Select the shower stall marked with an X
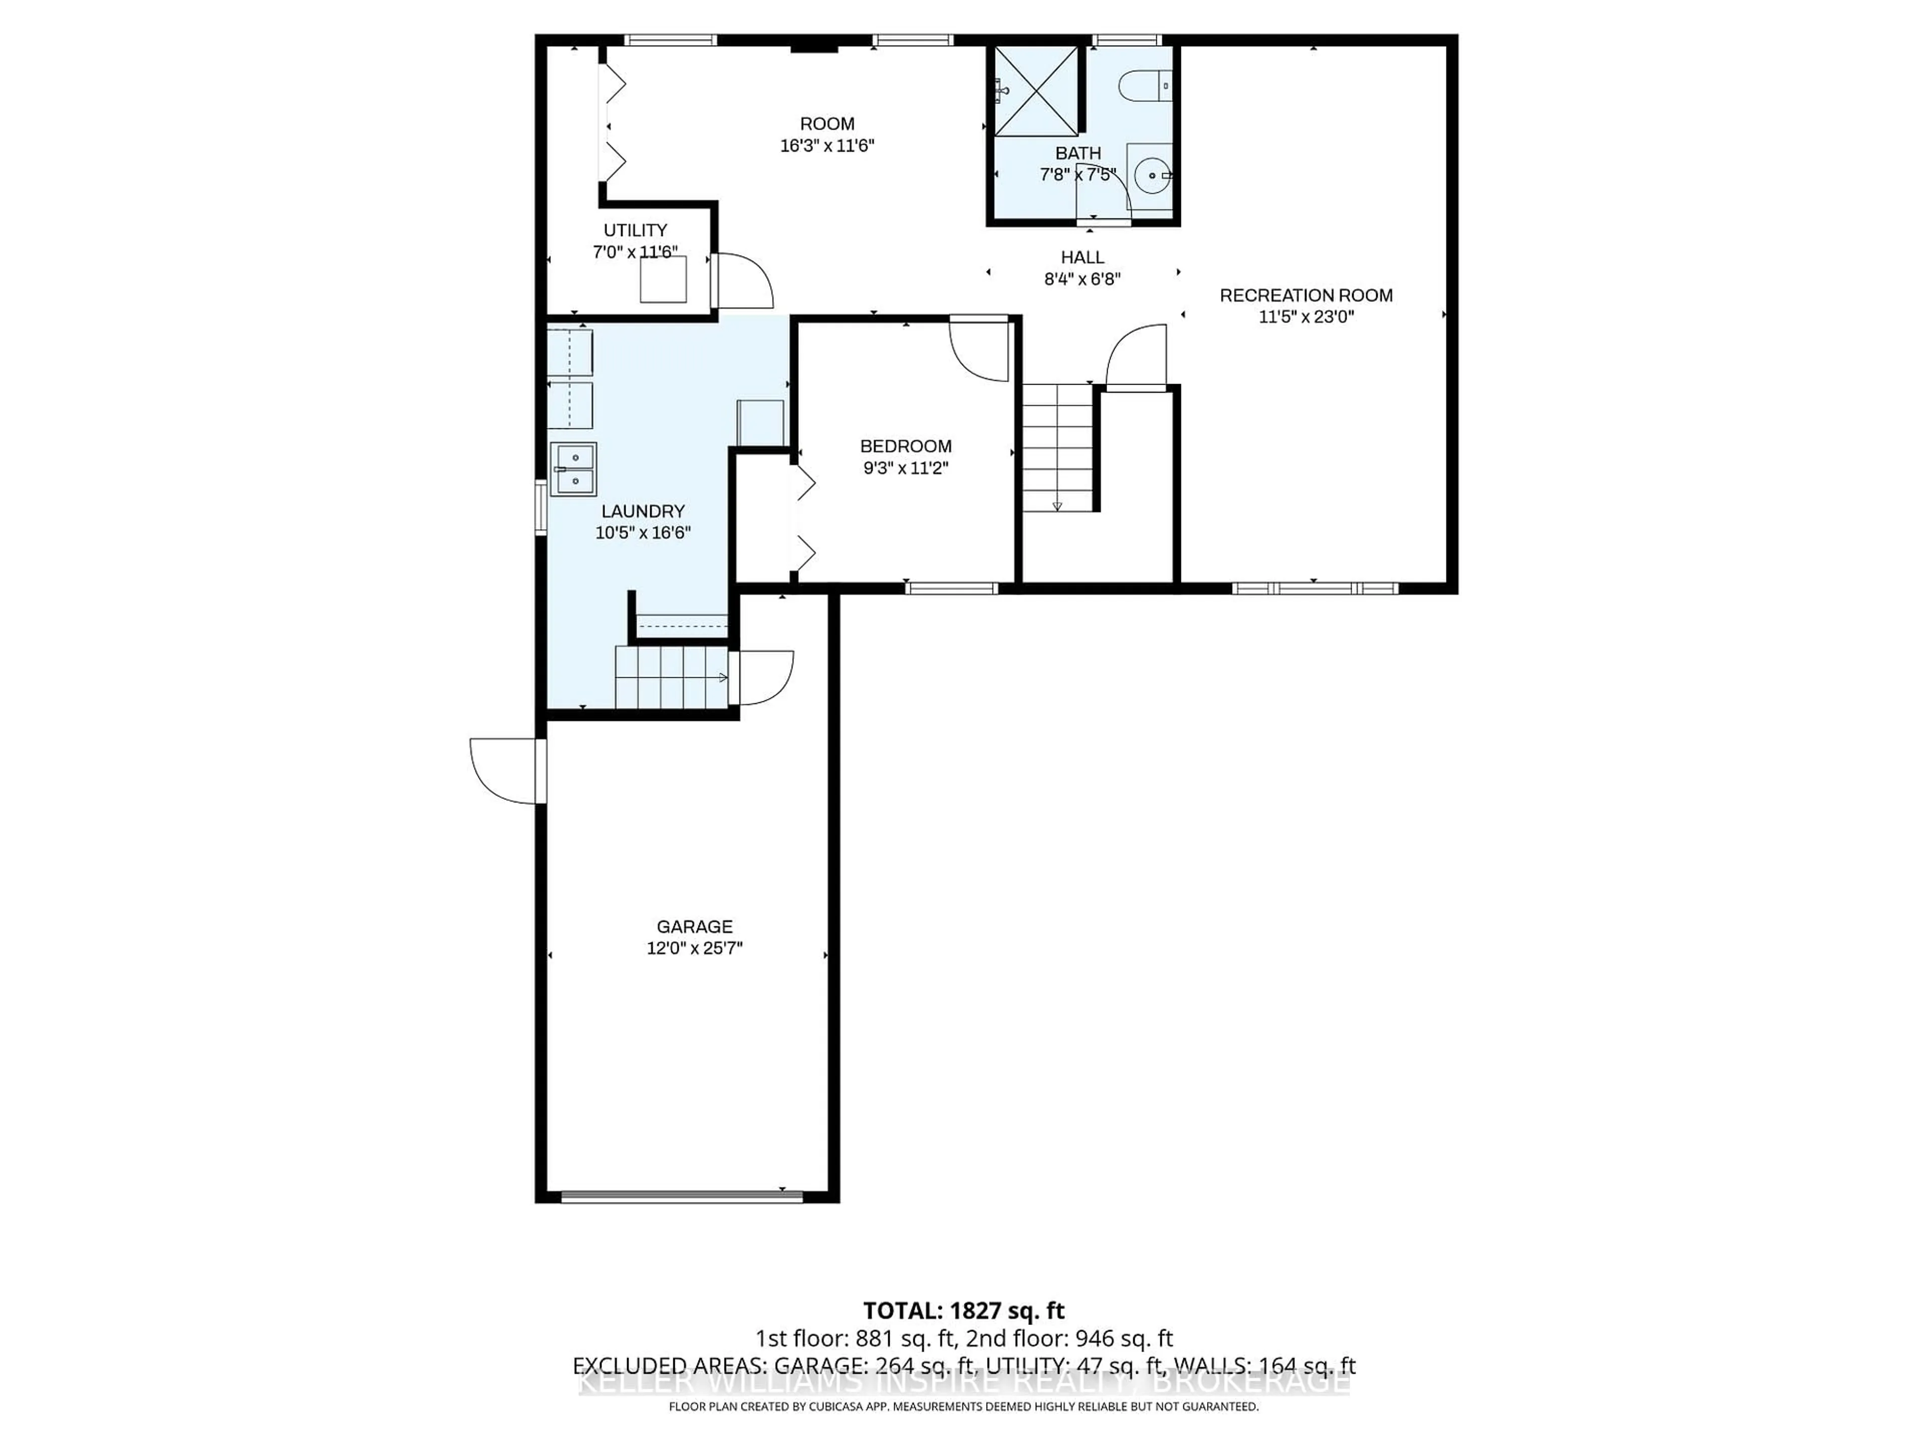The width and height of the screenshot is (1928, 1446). pos(1035,91)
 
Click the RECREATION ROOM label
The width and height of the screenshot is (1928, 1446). pos(1306,295)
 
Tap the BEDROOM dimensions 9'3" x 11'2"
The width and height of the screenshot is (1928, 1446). pos(906,468)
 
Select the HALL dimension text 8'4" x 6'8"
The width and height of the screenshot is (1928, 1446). pos(1081,279)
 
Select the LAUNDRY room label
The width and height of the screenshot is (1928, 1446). pos(642,512)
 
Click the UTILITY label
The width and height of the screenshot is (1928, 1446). pos(636,230)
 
